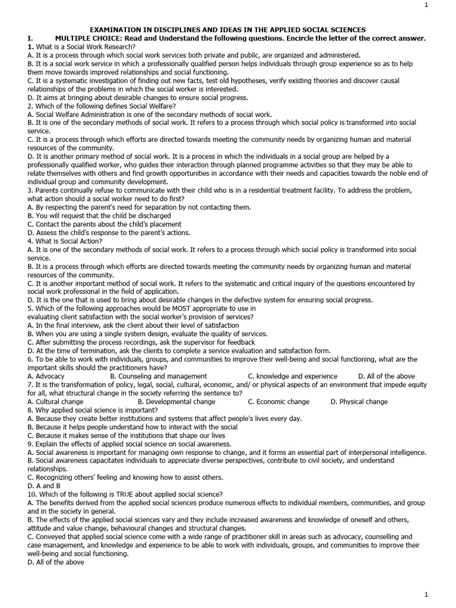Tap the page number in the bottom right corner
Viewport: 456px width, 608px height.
[442, 595]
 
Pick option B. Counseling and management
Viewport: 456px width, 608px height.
[159, 376]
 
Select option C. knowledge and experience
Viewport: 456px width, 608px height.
[293, 376]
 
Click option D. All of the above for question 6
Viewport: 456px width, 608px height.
[387, 376]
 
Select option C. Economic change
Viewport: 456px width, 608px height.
[278, 402]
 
